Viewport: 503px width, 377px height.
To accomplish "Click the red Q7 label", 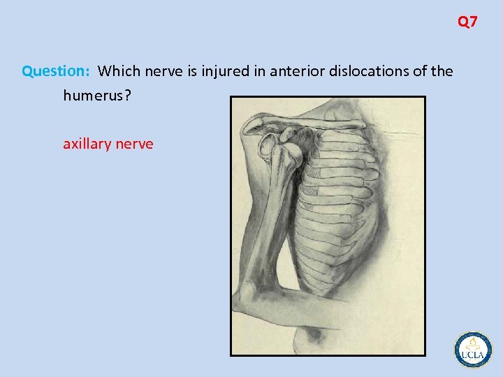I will pos(467,22).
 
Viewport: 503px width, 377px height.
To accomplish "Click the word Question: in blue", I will pos(56,71).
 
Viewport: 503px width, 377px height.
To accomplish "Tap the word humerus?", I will pos(96,96).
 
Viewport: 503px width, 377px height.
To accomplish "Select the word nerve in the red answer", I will pos(134,145).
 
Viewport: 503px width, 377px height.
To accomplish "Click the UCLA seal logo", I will pos(473,349).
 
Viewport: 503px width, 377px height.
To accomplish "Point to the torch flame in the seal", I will pos(473,342).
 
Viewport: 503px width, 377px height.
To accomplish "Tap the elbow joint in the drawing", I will pos(248,293).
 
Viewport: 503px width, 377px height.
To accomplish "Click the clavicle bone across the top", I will pos(307,126).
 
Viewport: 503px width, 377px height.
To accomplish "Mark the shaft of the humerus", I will pos(269,223).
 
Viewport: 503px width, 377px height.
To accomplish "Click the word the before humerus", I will pos(442,71).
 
